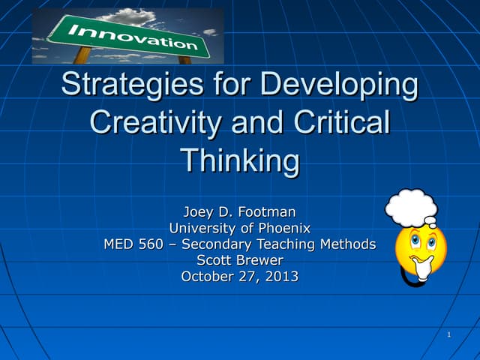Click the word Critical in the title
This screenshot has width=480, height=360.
pos(340,122)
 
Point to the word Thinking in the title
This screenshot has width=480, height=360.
pos(240,160)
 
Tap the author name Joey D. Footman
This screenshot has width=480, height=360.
pos(240,211)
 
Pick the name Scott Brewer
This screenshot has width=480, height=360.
pos(240,260)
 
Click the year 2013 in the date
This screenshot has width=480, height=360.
pos(280,276)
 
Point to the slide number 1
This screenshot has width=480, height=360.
pos(448,334)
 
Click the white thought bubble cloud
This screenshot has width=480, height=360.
pos(411,205)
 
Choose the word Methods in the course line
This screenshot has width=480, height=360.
pos(347,244)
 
